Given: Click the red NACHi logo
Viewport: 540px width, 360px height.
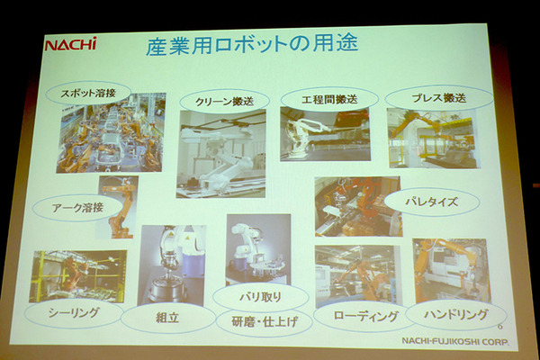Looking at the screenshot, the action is pos(70,44).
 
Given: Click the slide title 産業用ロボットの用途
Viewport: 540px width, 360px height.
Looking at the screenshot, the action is pos(252,46).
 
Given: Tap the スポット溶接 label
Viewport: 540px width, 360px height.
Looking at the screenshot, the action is pos(88,93).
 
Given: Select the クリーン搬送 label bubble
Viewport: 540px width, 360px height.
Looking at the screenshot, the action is pos(224,101).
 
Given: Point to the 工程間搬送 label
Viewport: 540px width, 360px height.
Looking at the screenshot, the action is pos(329,99).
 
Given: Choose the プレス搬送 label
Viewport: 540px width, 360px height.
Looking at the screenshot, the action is pos(439,98).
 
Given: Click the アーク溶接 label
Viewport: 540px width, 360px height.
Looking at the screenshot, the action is pos(77,208).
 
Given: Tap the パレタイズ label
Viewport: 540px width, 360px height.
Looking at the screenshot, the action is pos(431,202).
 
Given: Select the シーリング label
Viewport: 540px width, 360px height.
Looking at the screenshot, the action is pos(74,313).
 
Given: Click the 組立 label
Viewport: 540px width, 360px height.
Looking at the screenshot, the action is pos(167,318).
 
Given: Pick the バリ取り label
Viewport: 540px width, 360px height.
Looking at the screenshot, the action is pos(261,297).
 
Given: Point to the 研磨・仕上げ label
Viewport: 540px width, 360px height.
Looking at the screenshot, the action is pos(264,322).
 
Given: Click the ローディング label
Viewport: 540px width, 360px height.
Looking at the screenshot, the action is pos(365,316).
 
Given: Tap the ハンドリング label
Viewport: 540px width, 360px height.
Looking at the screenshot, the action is pos(456,314).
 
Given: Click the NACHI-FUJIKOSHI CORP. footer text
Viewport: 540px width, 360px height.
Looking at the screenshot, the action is pos(454,341).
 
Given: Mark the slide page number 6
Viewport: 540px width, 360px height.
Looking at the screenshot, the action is pos(499,326).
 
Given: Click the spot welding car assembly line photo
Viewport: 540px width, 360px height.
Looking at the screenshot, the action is pos(111,133).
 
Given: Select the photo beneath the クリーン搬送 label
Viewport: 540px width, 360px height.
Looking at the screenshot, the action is pos(221,154).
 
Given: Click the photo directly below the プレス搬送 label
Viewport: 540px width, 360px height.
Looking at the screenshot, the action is pos(433,139).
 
